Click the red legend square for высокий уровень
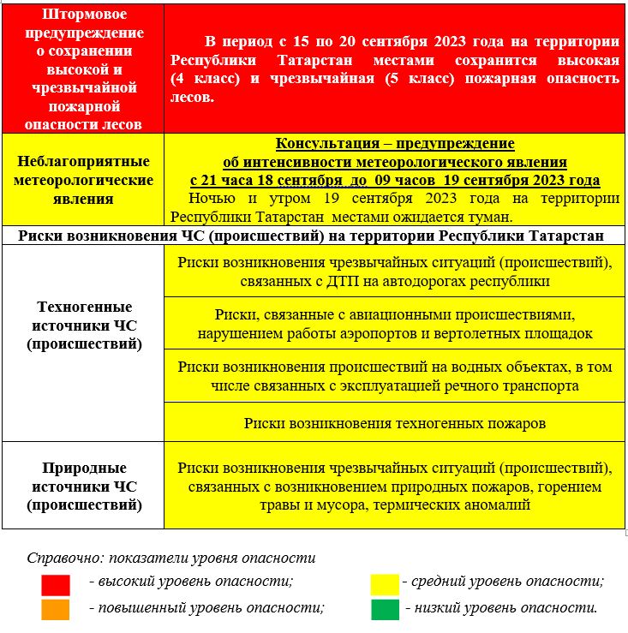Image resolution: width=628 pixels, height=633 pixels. pos(56,584)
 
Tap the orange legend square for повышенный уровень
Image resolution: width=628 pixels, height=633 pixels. pos(56,608)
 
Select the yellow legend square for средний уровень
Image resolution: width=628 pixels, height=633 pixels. pos(385,584)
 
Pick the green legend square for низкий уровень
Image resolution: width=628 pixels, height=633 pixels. pos(385,608)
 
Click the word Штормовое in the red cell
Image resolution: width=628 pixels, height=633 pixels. pos(82,14)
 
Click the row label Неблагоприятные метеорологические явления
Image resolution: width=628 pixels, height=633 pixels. pos(82,180)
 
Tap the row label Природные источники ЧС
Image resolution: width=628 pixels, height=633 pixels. pos(82,487)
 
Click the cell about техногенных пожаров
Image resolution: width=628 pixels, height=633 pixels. pos(395,423)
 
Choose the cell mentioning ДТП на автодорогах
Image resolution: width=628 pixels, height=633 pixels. pos(395,271)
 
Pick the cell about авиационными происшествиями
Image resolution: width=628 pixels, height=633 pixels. pos(395,324)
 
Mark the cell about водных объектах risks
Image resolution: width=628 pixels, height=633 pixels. pos(395,376)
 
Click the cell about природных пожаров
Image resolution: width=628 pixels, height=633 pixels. pos(395,487)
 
